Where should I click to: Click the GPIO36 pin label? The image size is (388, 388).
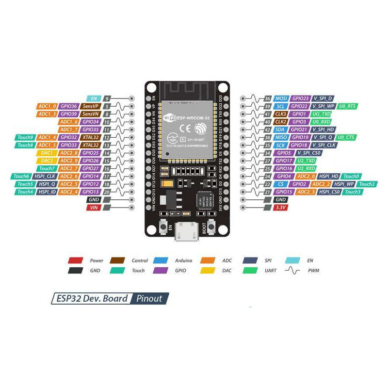[x=69, y=106]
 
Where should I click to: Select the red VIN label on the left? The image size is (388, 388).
[x=93, y=207]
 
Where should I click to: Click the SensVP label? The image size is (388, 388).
[x=90, y=106]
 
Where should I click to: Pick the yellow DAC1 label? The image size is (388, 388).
[x=47, y=152]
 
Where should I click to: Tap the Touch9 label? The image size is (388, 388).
[x=25, y=137]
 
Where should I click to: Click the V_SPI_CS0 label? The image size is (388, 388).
[x=325, y=153]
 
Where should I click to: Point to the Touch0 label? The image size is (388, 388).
[x=351, y=176]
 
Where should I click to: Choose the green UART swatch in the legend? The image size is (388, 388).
[x=250, y=271]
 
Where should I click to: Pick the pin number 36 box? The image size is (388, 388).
[x=267, y=98]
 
